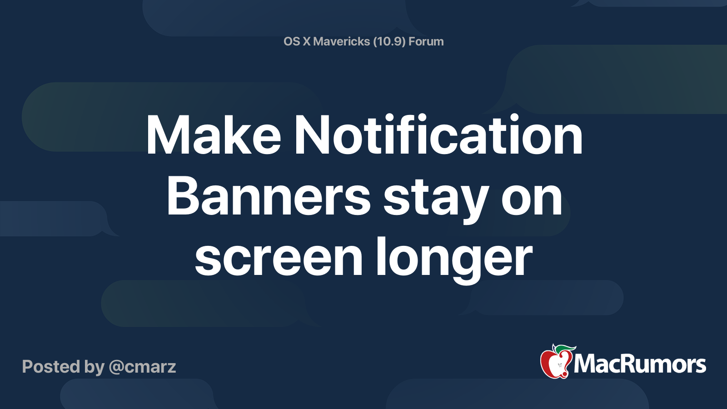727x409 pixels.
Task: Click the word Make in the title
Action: point(213,135)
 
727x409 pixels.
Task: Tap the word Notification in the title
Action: point(438,135)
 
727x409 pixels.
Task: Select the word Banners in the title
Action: point(269,197)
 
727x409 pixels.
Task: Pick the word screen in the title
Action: point(279,258)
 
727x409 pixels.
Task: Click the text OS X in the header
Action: point(297,41)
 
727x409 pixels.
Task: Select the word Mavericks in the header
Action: point(341,41)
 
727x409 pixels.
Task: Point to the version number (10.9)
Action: point(389,41)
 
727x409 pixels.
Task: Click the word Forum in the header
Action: point(426,41)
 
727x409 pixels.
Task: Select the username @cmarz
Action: point(142,367)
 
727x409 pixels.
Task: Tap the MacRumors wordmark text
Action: point(640,364)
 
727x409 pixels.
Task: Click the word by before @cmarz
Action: point(94,367)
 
